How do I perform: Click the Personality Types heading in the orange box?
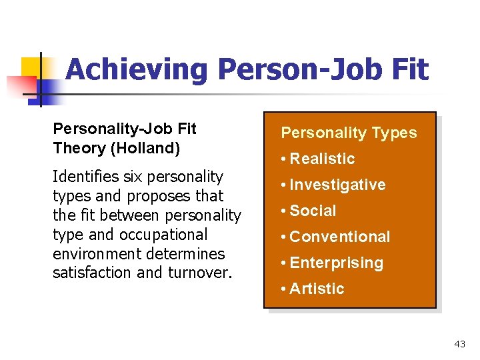[349, 133]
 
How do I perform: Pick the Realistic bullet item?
[322, 159]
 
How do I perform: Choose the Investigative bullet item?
[337, 185]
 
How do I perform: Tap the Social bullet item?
[313, 211]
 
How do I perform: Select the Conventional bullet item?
[340, 237]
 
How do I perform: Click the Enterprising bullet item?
[336, 263]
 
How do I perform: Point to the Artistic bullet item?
[317, 289]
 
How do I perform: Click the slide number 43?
[459, 344]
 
